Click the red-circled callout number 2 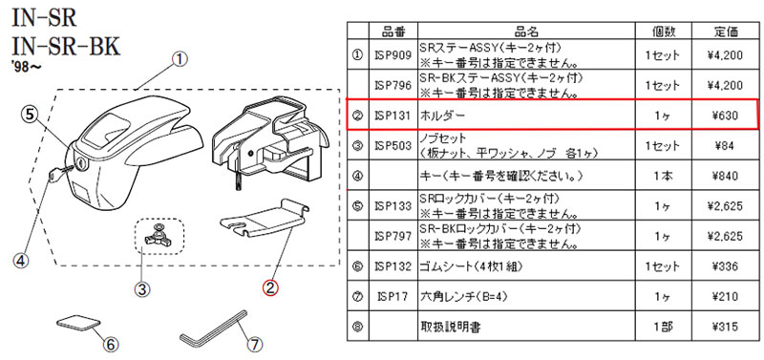click(271, 287)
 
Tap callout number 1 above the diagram click(180, 60)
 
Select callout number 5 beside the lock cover click(30, 115)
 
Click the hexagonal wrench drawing click(214, 329)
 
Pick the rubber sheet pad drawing click(79, 323)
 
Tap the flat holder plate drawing click(265, 219)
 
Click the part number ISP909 click(393, 54)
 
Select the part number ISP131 click(393, 116)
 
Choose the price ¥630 click(725, 116)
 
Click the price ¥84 click(725, 146)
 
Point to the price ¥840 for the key click(725, 176)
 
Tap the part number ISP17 click(393, 297)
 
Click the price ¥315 click(725, 327)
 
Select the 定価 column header click(725, 32)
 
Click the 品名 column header click(527, 32)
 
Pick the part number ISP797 click(393, 236)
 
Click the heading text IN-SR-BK click(66, 48)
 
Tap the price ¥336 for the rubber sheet click(725, 267)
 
